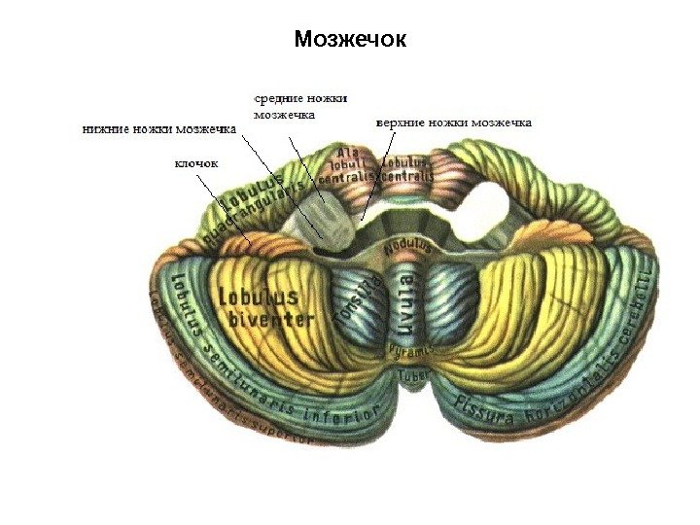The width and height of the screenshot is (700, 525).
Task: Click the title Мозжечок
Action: [x=350, y=41]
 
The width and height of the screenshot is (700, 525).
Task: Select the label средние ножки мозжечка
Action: [x=299, y=105]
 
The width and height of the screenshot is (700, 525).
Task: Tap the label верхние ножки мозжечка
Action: [x=453, y=123]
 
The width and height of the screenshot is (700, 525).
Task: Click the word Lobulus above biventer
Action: [x=258, y=296]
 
